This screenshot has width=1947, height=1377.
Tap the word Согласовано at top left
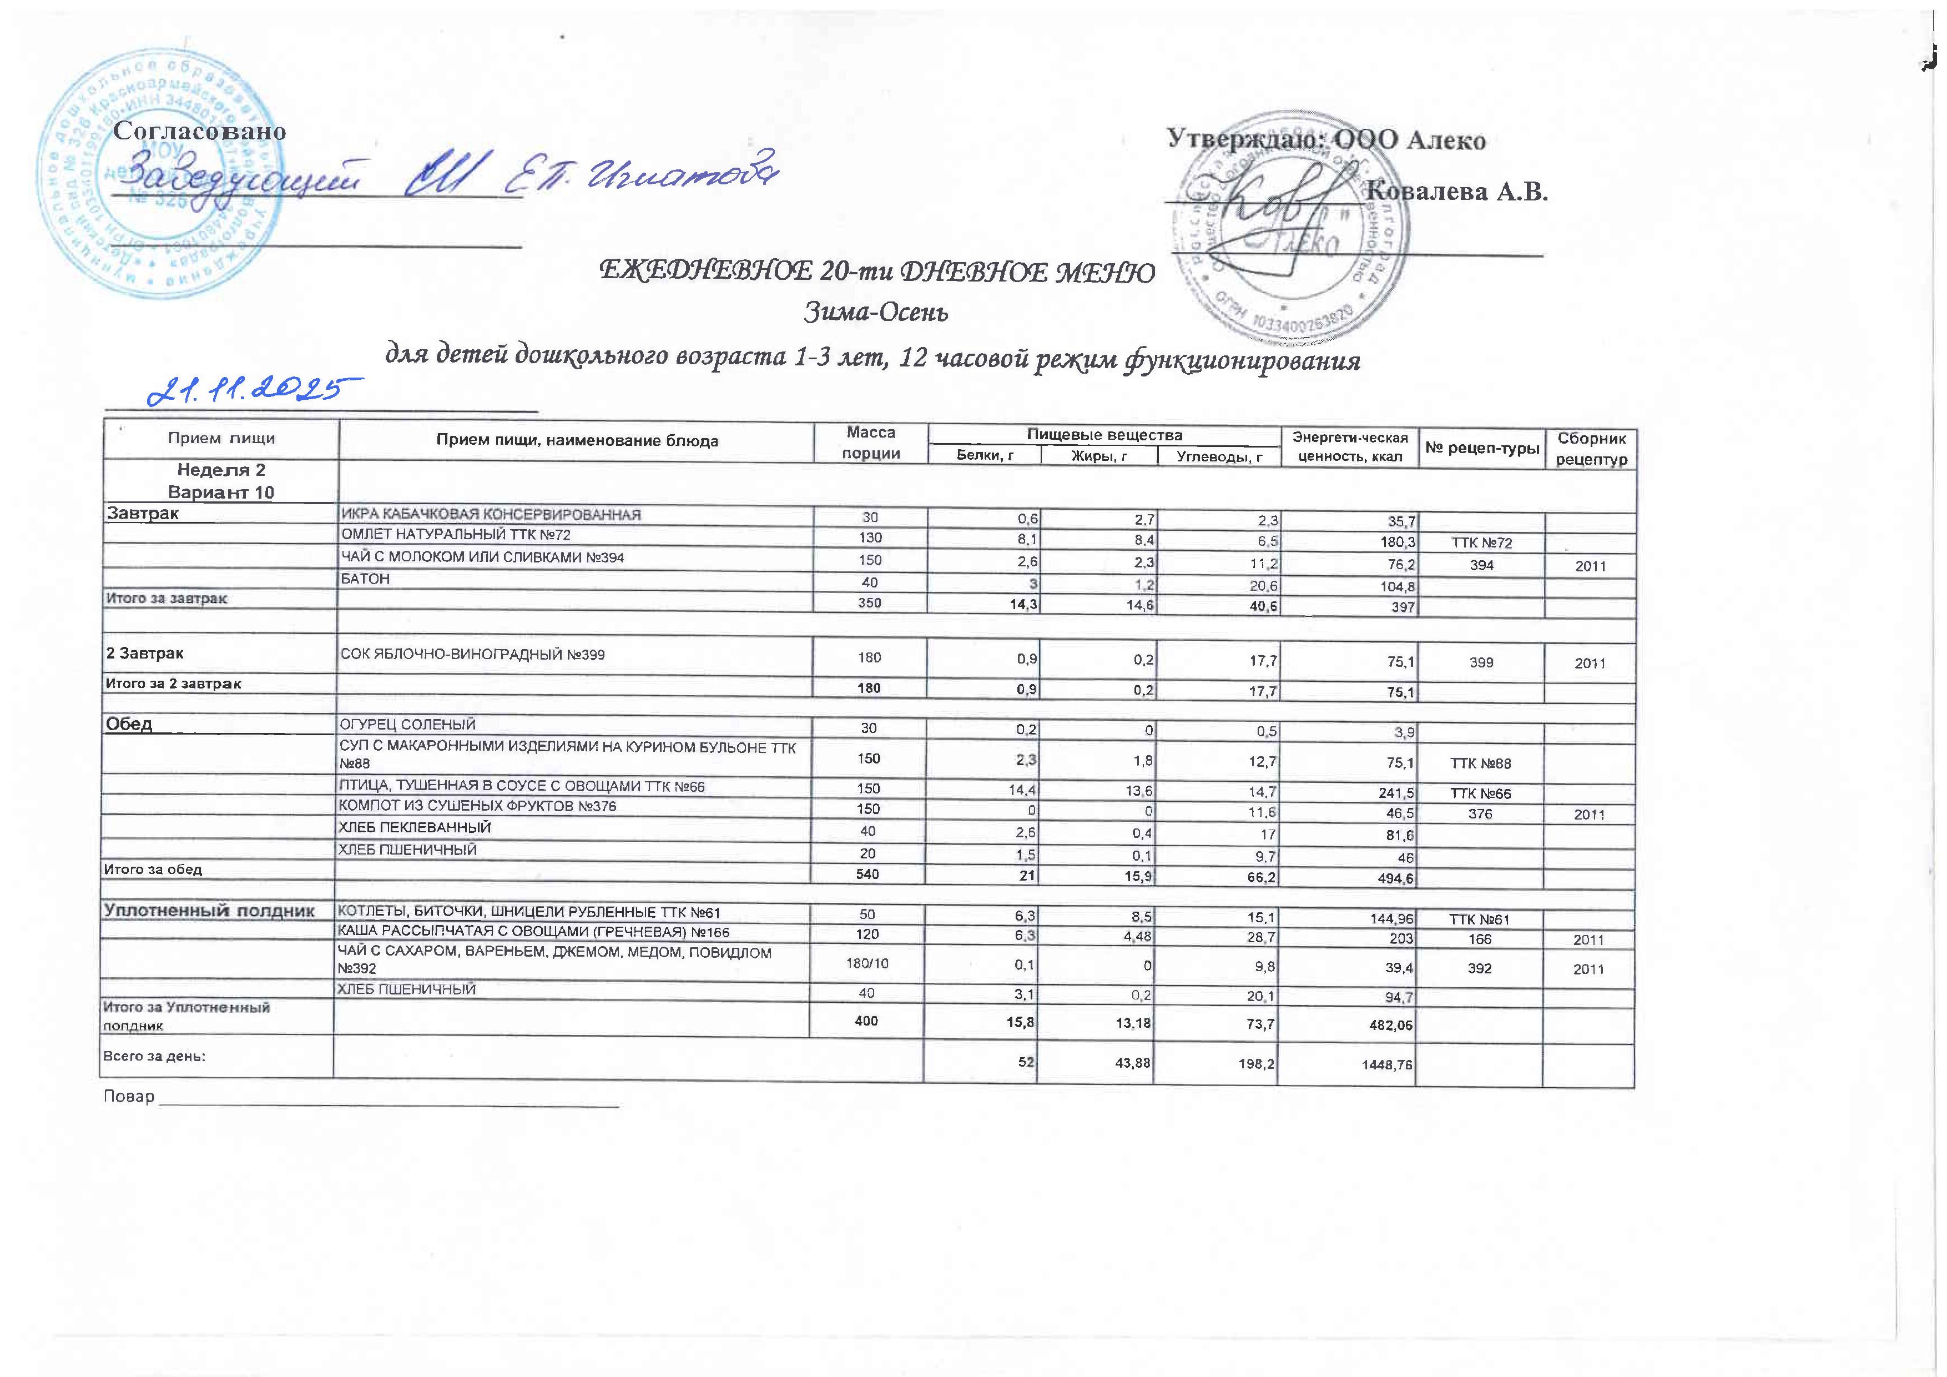tap(199, 132)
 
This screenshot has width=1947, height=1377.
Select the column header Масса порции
tap(870, 442)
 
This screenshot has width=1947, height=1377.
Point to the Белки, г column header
tap(985, 456)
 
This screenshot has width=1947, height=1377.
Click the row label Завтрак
tap(143, 513)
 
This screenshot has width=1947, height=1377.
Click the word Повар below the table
tap(129, 1096)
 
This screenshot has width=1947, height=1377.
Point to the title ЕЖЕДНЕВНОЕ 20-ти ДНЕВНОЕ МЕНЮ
tap(877, 272)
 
